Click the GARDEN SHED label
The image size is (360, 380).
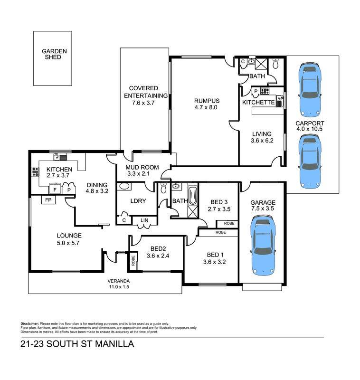[54, 54]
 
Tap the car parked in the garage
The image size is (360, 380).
[262, 245]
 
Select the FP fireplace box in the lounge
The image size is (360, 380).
[48, 200]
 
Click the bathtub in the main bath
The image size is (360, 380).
[193, 196]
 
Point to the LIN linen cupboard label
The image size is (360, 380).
[144, 220]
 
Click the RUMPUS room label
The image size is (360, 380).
[207, 101]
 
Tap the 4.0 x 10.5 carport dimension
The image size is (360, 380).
[309, 129]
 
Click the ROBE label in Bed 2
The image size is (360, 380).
[133, 260]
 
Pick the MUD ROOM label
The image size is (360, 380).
[142, 167]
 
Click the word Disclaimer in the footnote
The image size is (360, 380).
[29, 323]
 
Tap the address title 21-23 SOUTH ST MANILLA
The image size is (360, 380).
[77, 344]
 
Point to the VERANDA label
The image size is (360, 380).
[119, 281]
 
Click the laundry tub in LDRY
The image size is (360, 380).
[124, 186]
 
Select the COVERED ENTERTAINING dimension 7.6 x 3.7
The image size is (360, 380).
[143, 103]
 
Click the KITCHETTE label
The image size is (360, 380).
[258, 102]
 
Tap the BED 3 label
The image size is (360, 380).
[219, 202]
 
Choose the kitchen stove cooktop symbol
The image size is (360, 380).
[35, 171]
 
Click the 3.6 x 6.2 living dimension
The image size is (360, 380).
[262, 140]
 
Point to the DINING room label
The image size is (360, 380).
[97, 185]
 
